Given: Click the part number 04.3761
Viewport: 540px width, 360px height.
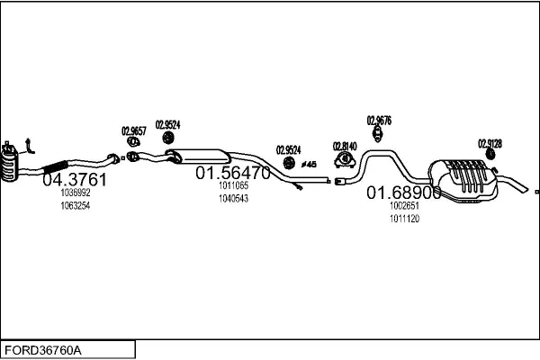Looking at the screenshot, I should pyautogui.click(x=75, y=179).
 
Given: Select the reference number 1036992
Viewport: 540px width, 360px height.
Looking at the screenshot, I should pyautogui.click(x=76, y=193).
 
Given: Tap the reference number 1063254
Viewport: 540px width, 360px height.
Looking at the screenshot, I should pyautogui.click(x=76, y=205).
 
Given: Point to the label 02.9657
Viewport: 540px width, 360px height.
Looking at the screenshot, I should pyautogui.click(x=133, y=130).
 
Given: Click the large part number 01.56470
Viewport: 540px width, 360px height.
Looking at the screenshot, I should pyautogui.click(x=233, y=173).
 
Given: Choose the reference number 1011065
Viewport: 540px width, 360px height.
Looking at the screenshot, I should pyautogui.click(x=233, y=185).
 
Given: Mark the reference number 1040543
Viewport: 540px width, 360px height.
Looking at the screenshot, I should pyautogui.click(x=233, y=198).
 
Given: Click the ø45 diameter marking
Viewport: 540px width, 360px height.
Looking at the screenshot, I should pyautogui.click(x=309, y=164).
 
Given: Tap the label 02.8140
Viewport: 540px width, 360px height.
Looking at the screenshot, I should pyautogui.click(x=345, y=146).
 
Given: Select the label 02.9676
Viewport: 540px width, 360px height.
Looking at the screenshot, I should pyautogui.click(x=379, y=120).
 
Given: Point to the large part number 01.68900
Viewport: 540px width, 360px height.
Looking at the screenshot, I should pyautogui.click(x=402, y=193).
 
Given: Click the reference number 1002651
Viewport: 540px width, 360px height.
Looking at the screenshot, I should pyautogui.click(x=404, y=205).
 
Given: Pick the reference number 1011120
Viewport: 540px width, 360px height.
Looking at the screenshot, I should pyautogui.click(x=404, y=218).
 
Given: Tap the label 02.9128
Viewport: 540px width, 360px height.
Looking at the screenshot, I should pyautogui.click(x=490, y=143).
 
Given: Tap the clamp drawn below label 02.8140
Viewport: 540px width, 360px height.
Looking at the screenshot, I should pyautogui.click(x=344, y=161).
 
